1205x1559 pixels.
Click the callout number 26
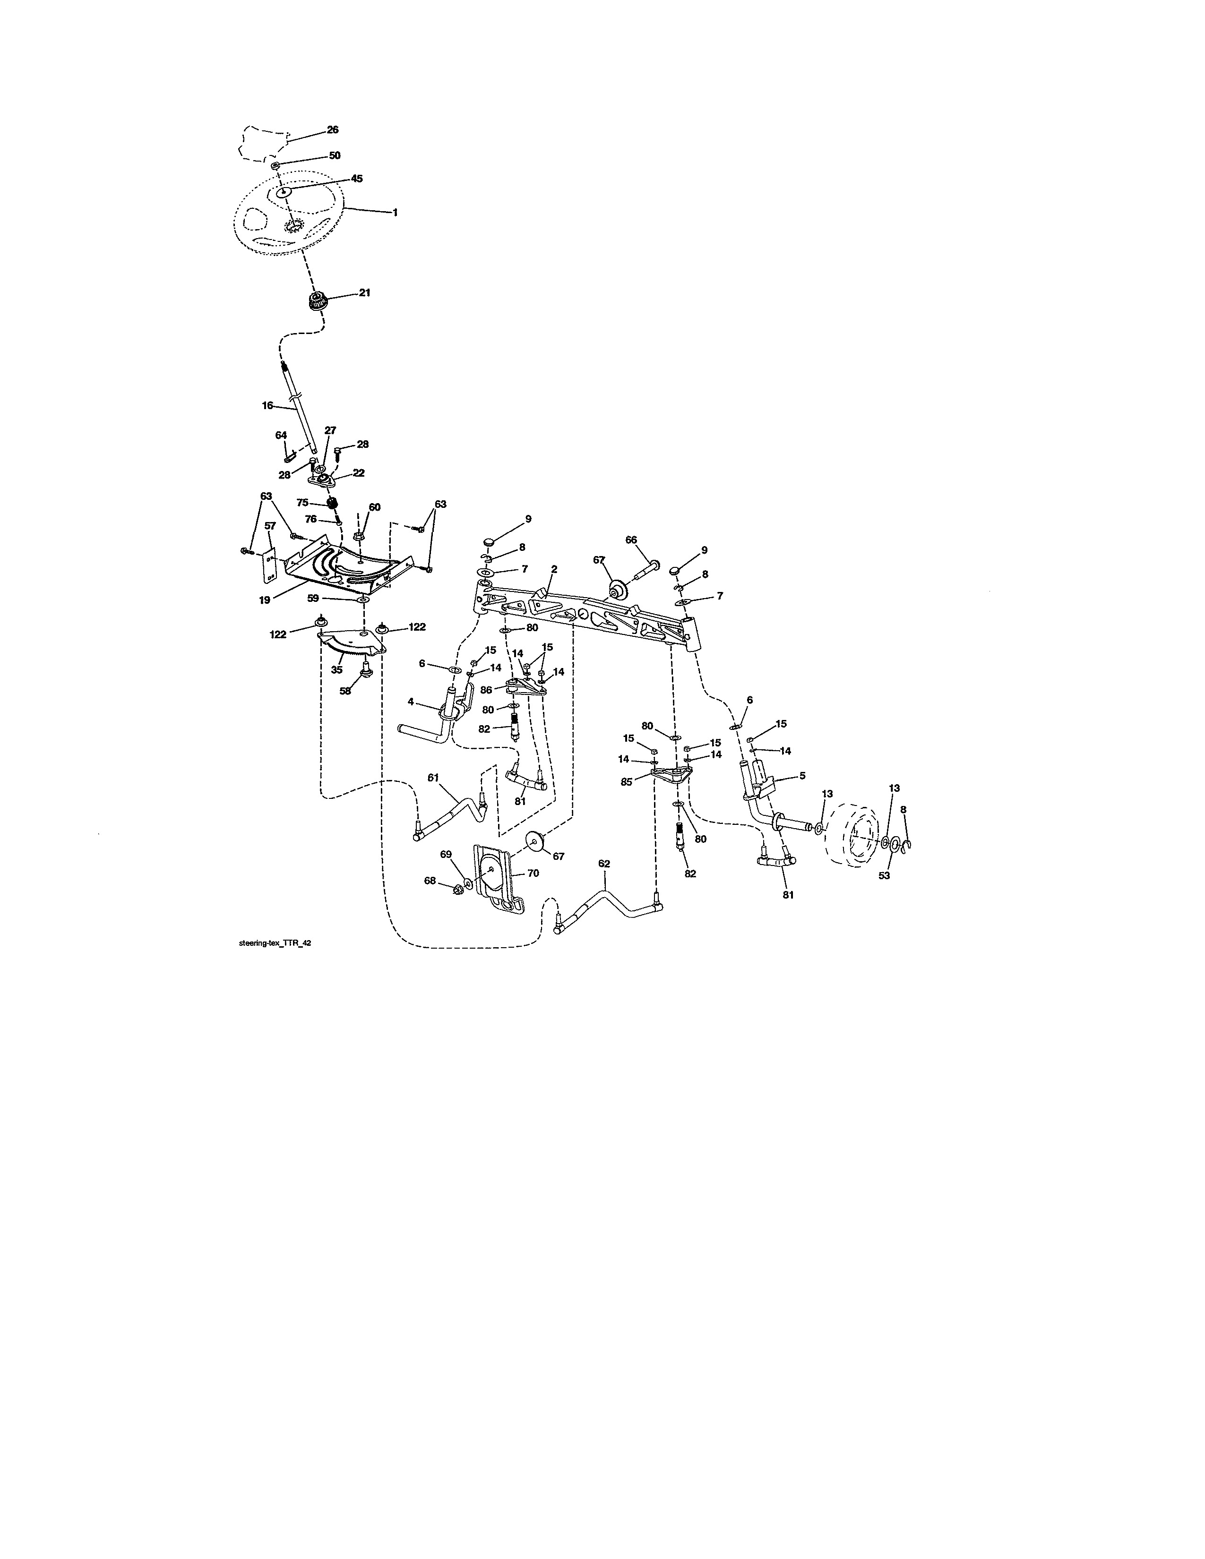[x=333, y=130]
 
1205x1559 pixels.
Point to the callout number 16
[x=267, y=405]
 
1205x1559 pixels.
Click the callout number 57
[x=270, y=526]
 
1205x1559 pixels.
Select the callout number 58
[x=345, y=691]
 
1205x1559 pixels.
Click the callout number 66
[x=631, y=540]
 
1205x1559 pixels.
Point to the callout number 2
[x=554, y=569]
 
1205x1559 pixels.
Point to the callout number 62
[x=604, y=864]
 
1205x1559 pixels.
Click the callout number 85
[x=627, y=782]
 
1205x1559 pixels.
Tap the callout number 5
[x=802, y=775]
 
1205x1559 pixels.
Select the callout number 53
[x=884, y=876]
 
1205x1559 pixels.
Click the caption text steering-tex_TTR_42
[x=275, y=943]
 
